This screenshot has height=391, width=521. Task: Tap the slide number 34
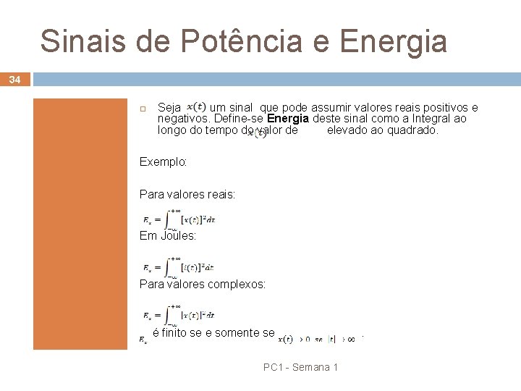pyautogui.click(x=15, y=79)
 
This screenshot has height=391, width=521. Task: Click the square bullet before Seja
pyautogui.click(x=143, y=108)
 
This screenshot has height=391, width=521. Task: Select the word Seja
pyautogui.click(x=169, y=107)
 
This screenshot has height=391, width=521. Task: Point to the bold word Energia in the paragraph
pyautogui.click(x=288, y=119)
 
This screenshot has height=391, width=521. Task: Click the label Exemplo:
pyautogui.click(x=163, y=162)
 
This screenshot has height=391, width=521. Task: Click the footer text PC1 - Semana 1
pyautogui.click(x=300, y=368)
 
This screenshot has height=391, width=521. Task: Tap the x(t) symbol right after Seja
pyautogui.click(x=195, y=106)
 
